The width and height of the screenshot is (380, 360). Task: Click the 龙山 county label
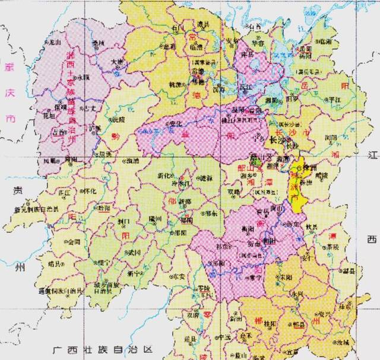pos(55,43)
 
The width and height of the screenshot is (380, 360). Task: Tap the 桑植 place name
pos(99,44)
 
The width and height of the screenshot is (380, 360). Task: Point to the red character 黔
pos(115,136)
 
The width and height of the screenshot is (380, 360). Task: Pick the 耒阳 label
pos(287,276)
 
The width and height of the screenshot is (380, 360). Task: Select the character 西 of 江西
pos(372,240)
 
